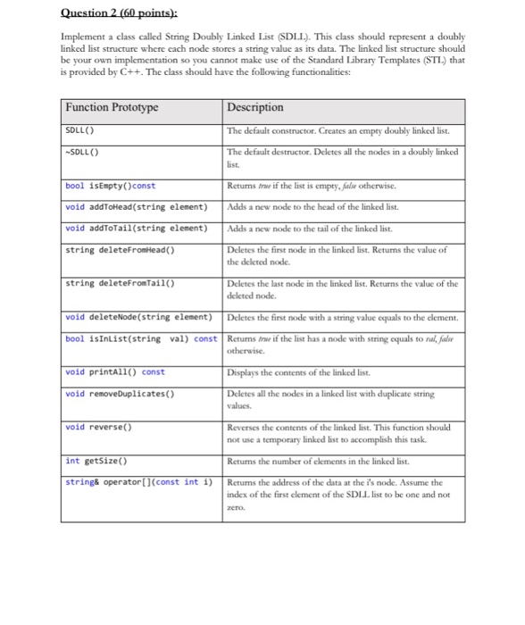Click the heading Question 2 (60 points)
(x=107, y=12)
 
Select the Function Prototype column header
(x=112, y=107)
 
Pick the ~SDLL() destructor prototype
(x=83, y=148)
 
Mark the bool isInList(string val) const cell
(x=141, y=338)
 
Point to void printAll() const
(x=115, y=371)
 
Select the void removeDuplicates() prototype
(x=119, y=394)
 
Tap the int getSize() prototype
(x=96, y=461)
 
